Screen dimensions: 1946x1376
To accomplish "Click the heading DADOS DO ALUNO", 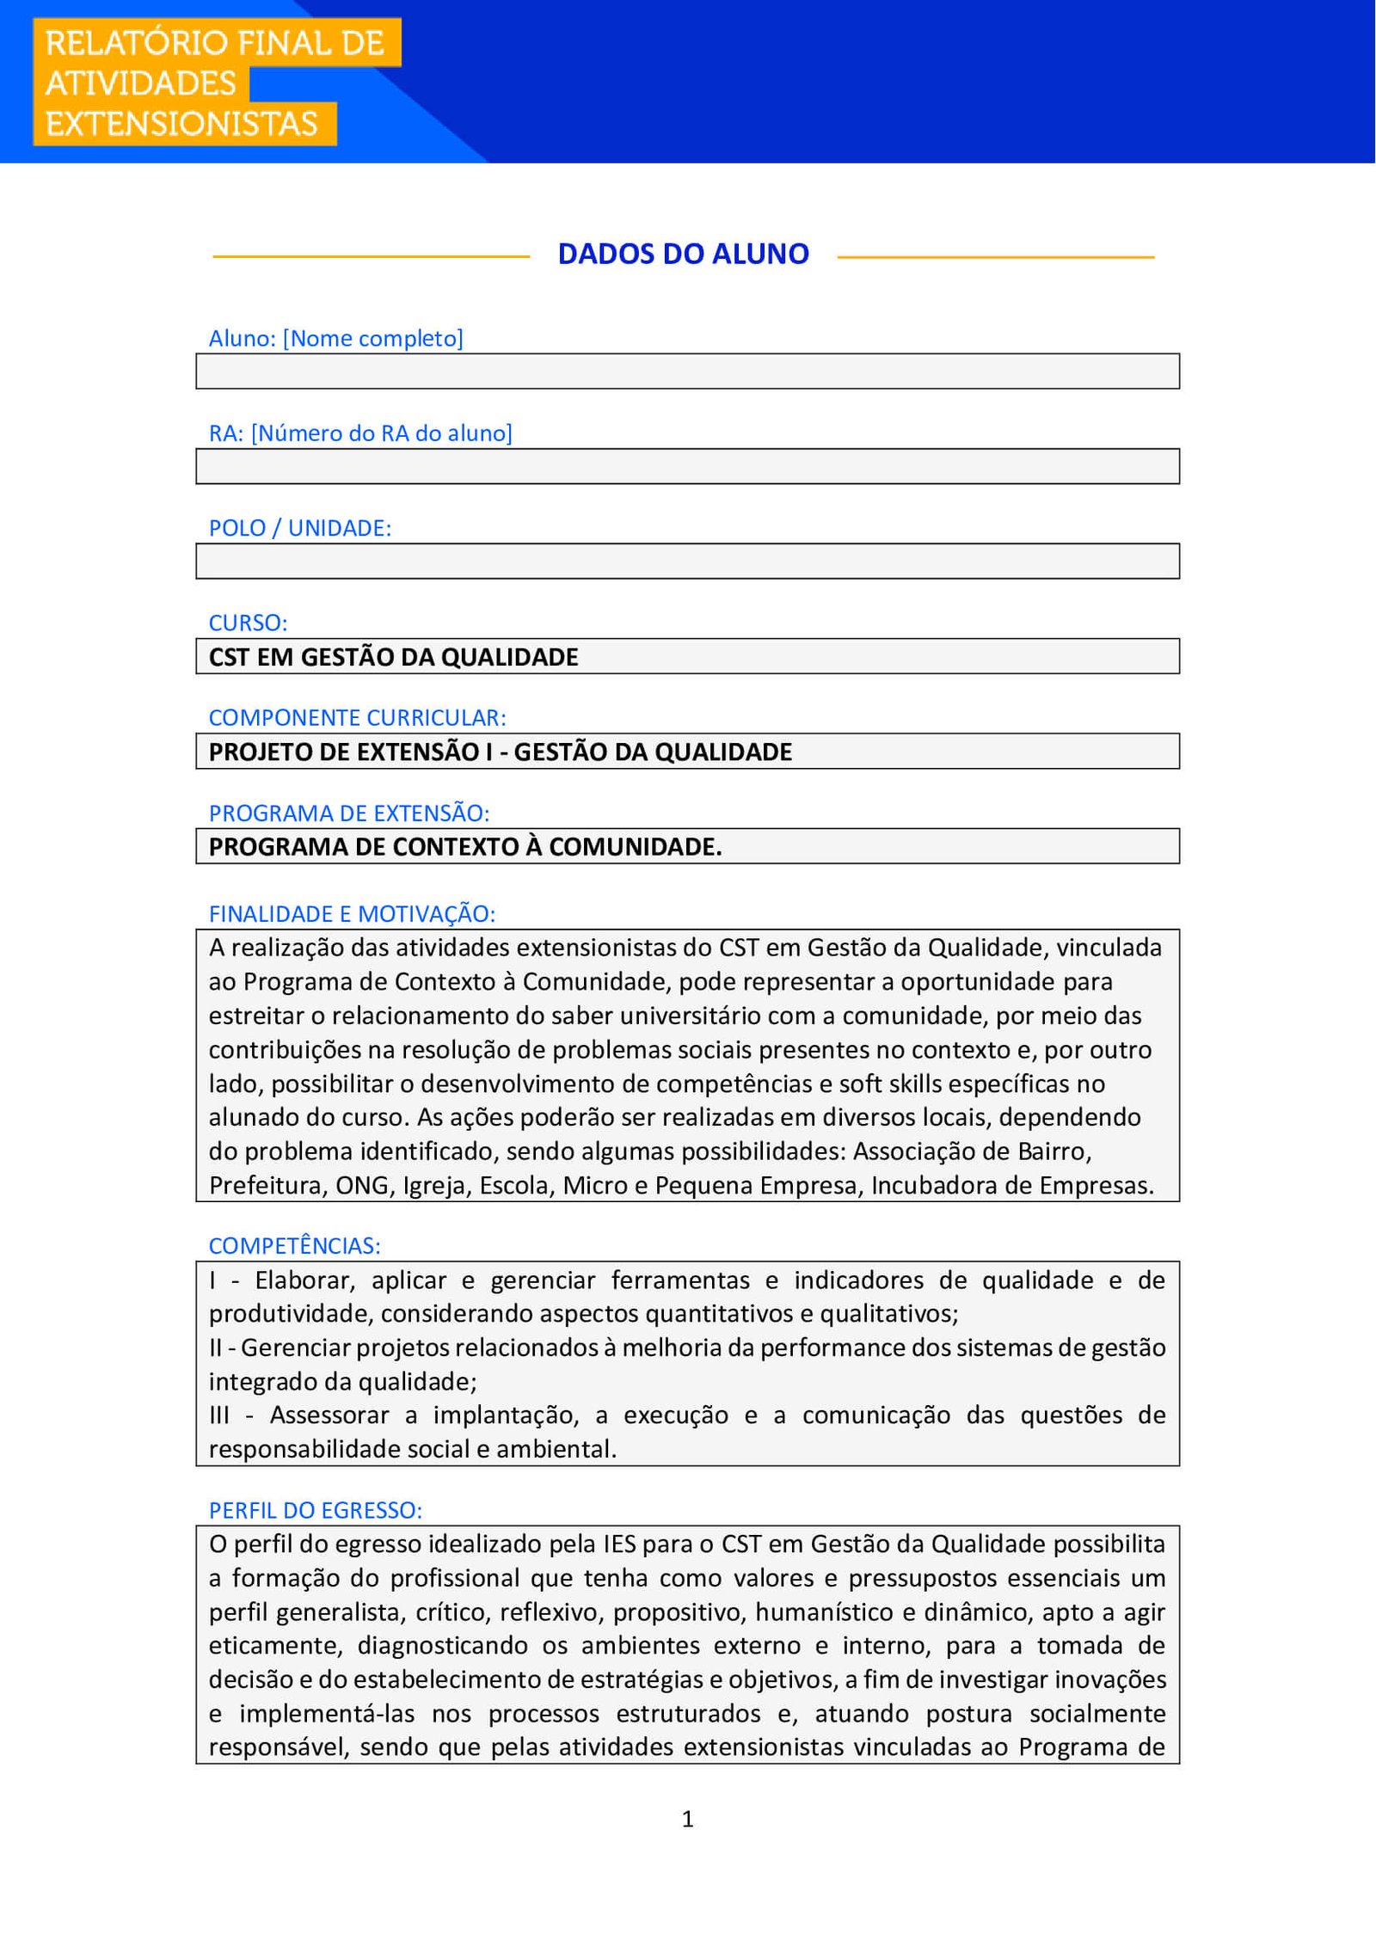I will coord(683,254).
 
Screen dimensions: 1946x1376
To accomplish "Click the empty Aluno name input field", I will coord(687,371).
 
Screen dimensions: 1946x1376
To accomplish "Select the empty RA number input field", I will coord(687,466).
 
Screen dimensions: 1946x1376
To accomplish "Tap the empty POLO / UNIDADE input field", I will coord(687,561).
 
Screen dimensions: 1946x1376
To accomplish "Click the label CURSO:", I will coord(248,623).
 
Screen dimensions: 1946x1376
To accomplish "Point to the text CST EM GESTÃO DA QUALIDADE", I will coord(393,657).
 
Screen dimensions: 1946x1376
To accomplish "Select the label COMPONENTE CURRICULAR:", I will coord(357,717).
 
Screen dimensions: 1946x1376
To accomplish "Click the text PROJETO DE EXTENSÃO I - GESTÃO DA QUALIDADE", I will coord(500,752).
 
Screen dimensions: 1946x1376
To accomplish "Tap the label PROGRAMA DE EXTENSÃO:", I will coord(348,813).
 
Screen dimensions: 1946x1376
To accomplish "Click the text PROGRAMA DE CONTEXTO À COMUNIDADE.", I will coord(464,847).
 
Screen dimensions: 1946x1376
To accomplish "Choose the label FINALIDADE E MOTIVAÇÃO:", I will coord(352,913).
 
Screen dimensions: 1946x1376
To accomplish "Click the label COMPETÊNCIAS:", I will coord(294,1245).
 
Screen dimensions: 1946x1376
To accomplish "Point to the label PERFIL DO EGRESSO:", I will coord(315,1510).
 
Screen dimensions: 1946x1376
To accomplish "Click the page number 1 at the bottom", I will coord(687,1819).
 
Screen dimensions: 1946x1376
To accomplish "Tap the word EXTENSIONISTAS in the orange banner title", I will coord(181,124).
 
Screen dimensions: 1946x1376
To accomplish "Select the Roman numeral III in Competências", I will coord(219,1415).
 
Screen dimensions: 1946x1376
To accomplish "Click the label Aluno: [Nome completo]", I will coord(335,338).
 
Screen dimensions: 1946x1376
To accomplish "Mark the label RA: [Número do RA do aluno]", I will coord(360,433).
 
